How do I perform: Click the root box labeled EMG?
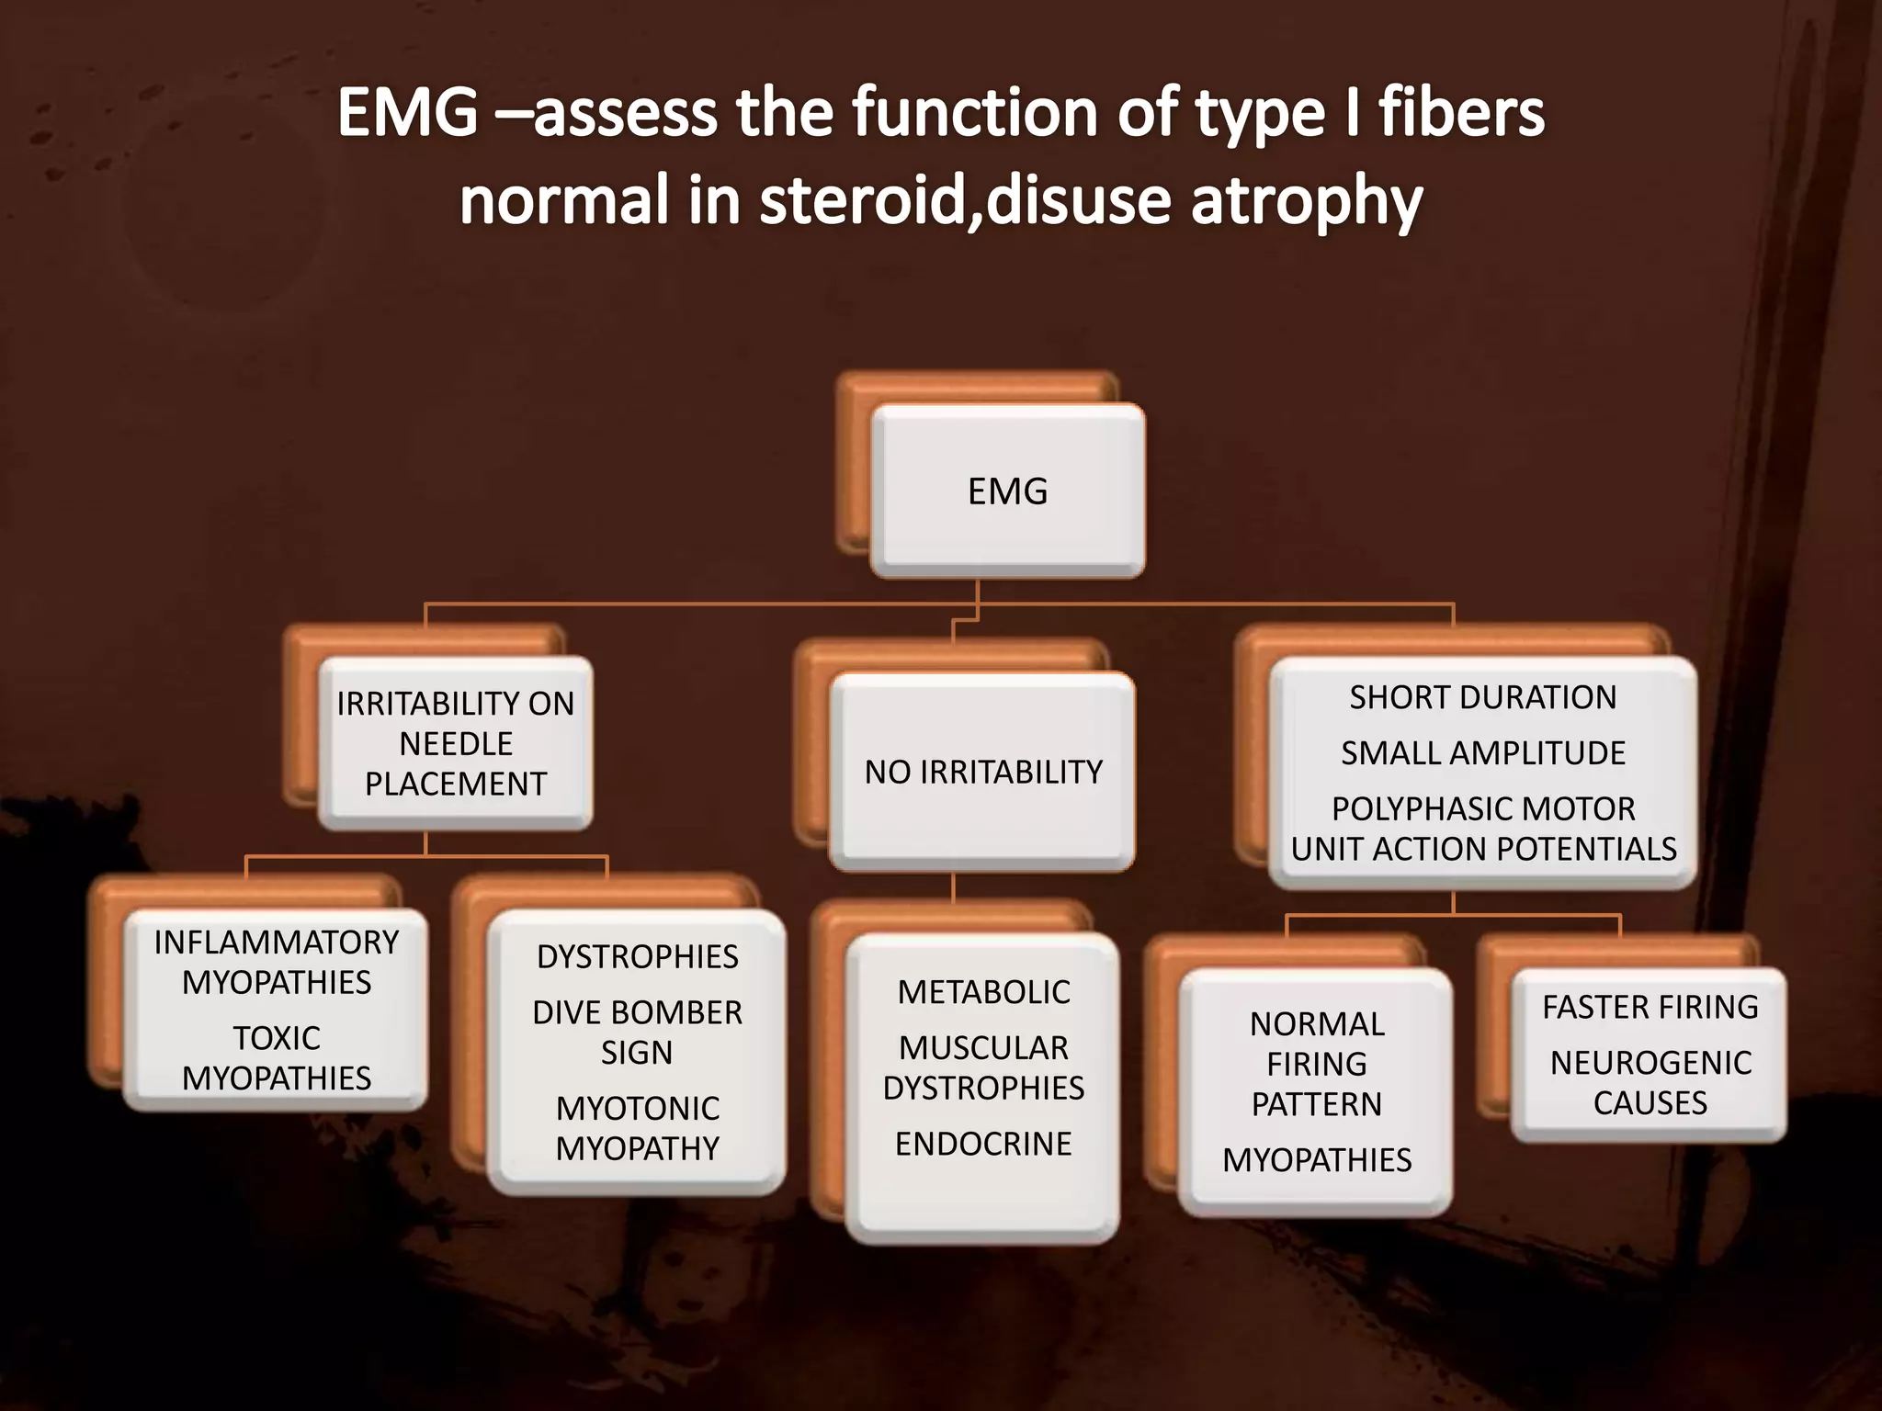click(x=1007, y=491)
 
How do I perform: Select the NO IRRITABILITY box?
click(x=982, y=772)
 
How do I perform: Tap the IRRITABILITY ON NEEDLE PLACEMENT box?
click(x=455, y=743)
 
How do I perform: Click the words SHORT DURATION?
click(x=1482, y=697)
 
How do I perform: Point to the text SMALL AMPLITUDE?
click(x=1482, y=753)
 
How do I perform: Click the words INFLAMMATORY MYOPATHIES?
click(x=276, y=962)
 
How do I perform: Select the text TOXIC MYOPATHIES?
click(x=276, y=1057)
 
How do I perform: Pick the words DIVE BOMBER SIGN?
click(x=637, y=1032)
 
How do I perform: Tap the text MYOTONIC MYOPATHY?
click(x=637, y=1128)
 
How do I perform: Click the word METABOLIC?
click(x=983, y=992)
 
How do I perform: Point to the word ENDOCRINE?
click(x=983, y=1144)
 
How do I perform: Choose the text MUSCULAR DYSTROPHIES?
click(x=983, y=1067)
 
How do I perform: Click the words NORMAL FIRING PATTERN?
click(x=1316, y=1064)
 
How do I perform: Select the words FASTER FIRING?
click(x=1650, y=1007)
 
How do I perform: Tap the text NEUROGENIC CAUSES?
click(x=1650, y=1082)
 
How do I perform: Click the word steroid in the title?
click(x=863, y=201)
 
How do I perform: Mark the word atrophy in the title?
click(x=1307, y=201)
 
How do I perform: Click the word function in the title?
click(x=974, y=113)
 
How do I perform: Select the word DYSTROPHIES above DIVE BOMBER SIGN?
click(x=637, y=956)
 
